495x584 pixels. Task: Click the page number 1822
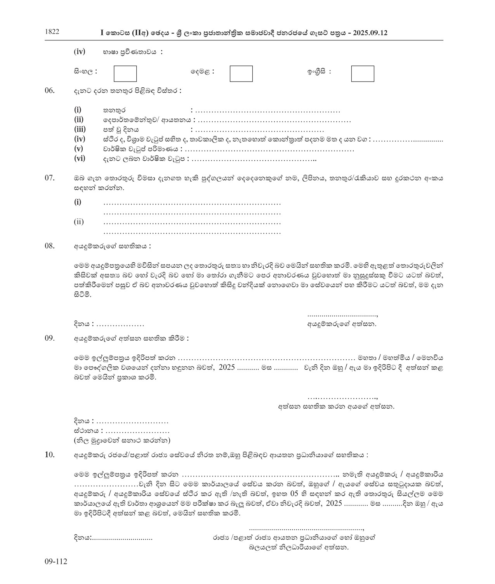(52, 32)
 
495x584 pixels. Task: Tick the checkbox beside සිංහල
(125, 74)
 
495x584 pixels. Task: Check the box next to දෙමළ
(241, 74)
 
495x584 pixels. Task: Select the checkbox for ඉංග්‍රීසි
(363, 74)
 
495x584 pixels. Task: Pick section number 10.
(50, 455)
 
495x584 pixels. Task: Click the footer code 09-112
(56, 561)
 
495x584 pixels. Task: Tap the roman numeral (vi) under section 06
(80, 158)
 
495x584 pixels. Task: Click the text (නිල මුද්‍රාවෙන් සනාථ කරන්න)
(122, 440)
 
